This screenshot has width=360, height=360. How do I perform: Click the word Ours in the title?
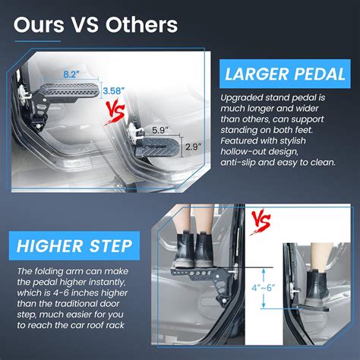pos(39,24)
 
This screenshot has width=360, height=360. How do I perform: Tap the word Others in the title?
pos(141,24)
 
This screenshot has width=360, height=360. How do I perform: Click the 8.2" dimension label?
pos(71,74)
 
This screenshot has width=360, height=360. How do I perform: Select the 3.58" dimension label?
pos(114,90)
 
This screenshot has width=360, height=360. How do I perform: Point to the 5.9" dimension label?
pos(160,130)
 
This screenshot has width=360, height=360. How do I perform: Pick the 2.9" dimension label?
pos(193,147)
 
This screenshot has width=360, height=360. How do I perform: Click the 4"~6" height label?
pos(264,288)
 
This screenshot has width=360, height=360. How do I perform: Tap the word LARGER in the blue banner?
pos(257,74)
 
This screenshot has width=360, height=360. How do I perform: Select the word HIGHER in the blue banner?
pos(49,246)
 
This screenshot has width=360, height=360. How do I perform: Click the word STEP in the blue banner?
pos(111,246)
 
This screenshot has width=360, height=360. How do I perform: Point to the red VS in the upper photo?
pos(115,113)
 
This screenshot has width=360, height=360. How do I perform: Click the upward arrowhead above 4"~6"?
pos(264,271)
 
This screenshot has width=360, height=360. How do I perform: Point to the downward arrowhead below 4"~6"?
pos(264,305)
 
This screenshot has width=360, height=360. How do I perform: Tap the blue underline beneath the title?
pos(38,41)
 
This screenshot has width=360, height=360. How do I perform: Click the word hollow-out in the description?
pos(259,152)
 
